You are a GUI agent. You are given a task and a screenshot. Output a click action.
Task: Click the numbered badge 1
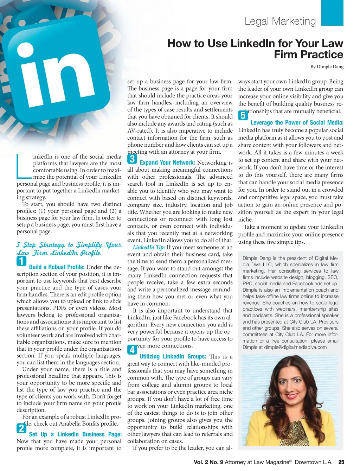(21, 261)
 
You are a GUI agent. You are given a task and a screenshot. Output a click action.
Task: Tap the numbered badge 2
(21, 428)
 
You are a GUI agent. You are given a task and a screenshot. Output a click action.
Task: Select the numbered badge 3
(132, 159)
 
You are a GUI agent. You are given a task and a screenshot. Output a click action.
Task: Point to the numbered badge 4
(132, 350)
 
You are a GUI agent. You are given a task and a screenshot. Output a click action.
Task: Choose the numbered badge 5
(243, 115)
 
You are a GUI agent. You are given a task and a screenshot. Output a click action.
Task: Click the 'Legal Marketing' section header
(280, 21)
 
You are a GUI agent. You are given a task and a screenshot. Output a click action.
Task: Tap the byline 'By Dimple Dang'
(327, 67)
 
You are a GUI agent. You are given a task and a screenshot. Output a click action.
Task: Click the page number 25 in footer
(341, 462)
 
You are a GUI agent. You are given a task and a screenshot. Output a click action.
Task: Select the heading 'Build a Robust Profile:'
(57, 267)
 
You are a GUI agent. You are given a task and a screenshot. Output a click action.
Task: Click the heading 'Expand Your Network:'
(167, 163)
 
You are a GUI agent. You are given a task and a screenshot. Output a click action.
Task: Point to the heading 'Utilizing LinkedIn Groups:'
(173, 357)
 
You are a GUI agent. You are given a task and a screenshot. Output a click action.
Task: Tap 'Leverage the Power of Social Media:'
(297, 123)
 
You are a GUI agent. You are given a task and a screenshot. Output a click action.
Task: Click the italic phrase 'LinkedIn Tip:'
(149, 247)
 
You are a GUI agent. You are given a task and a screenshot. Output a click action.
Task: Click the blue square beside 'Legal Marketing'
(332, 13)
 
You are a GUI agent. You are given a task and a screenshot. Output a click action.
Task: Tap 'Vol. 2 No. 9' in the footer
(208, 462)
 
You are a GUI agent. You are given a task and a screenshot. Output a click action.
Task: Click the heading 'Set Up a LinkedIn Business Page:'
(75, 434)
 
